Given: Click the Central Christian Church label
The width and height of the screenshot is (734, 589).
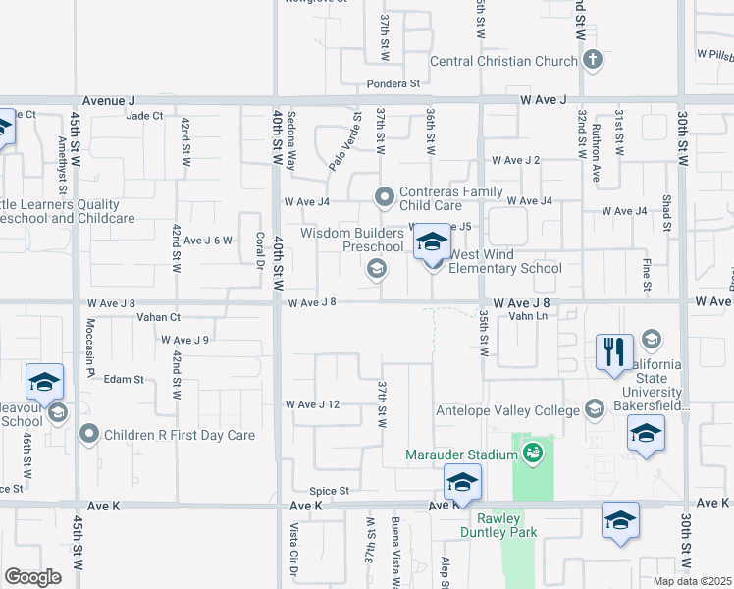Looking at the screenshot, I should (x=503, y=61).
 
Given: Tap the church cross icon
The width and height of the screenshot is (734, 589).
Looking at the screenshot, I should (x=592, y=61).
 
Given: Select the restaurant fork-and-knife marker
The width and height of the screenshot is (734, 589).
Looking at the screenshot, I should (x=614, y=351).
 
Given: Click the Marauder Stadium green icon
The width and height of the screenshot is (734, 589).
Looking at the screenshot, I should (x=533, y=453).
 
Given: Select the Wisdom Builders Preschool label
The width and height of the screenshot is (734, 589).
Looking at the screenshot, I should (x=351, y=240).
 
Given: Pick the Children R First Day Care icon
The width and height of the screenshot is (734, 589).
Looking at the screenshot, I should (x=90, y=433).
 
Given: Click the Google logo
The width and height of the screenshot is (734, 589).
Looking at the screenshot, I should (x=32, y=577).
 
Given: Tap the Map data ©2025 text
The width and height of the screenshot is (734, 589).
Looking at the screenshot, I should (x=693, y=581).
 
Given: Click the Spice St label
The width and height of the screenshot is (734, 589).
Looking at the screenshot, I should (x=330, y=491).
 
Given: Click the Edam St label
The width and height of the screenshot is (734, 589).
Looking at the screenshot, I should (x=125, y=379).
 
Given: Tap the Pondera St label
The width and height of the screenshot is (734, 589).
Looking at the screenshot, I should (x=394, y=84).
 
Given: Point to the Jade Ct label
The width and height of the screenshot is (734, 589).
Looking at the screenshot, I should (x=144, y=116).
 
